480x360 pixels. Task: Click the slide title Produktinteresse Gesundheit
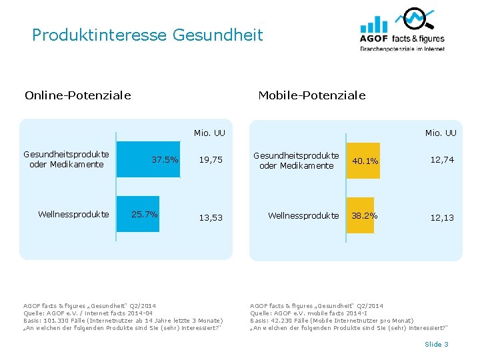(147, 35)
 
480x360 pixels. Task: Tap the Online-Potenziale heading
(77, 95)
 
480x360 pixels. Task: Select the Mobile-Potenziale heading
(311, 95)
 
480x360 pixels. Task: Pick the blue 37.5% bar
(149, 159)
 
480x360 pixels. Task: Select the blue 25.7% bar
(138, 214)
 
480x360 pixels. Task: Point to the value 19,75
(211, 160)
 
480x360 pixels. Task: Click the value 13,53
(211, 218)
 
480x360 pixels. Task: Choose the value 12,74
(442, 160)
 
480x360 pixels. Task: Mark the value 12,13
(442, 218)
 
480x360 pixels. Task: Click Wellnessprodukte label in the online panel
(73, 215)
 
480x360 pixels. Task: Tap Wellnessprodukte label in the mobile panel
(303, 216)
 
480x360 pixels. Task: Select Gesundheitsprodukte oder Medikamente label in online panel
(67, 159)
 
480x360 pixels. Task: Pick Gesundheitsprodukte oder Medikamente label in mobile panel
(296, 161)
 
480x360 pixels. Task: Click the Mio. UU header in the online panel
(209, 133)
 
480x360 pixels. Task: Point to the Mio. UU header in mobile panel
(441, 133)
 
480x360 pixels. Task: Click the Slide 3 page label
(437, 344)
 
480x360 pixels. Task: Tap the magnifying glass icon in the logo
(417, 18)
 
